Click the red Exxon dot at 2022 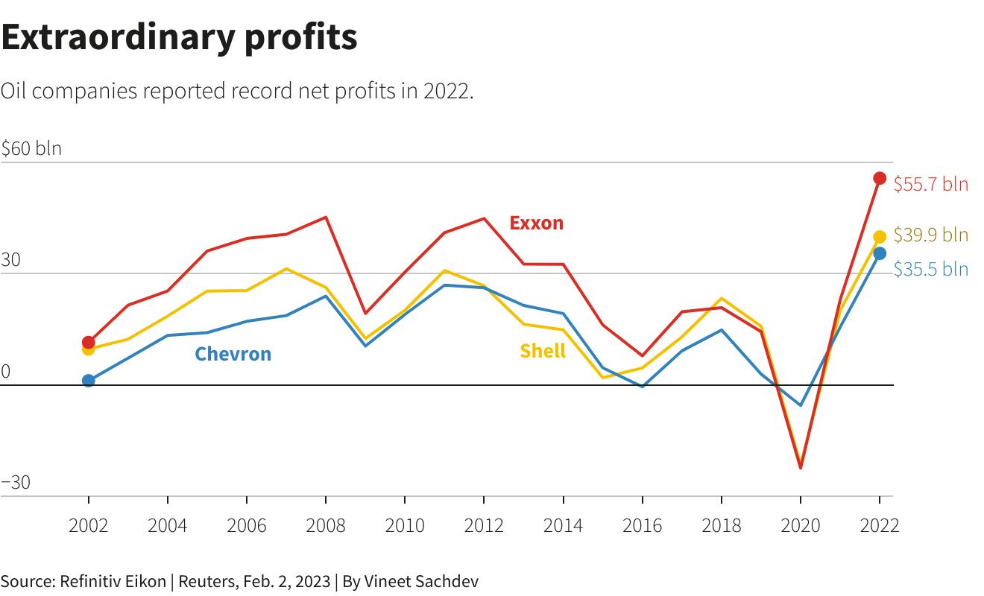880,178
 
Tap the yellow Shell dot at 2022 880,238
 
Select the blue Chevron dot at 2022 880,253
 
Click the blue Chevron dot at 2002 89,381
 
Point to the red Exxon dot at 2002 89,342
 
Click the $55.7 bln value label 930,184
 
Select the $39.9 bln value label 930,235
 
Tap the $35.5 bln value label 930,269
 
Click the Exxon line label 536,223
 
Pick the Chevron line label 233,354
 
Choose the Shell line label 542,351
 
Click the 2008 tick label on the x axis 326,525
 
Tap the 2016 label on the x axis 642,525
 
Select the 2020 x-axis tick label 800,525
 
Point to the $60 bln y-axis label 31,148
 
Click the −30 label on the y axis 16,483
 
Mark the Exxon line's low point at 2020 801,468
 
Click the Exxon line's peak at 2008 326,217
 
